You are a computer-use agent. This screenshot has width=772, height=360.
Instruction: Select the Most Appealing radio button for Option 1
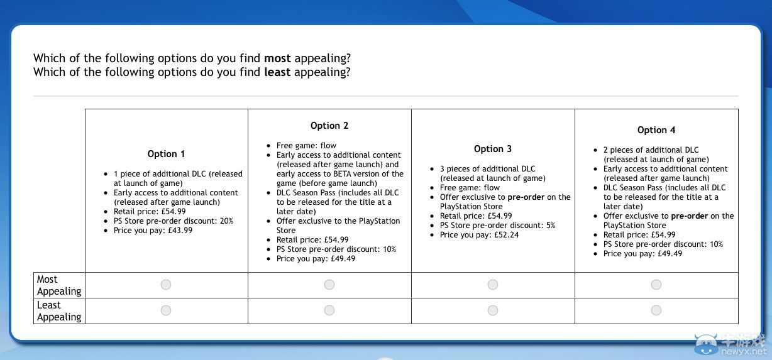[166, 285]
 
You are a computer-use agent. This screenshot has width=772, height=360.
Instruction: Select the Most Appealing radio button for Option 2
[329, 285]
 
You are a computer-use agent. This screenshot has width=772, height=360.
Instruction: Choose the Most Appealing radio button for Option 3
[492, 285]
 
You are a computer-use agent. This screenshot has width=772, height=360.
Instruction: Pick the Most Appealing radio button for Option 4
[656, 285]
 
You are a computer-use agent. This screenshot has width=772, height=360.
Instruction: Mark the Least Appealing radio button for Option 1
[166, 310]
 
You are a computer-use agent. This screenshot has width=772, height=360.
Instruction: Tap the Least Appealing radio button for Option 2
[329, 310]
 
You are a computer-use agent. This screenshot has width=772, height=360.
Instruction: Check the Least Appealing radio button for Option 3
[492, 310]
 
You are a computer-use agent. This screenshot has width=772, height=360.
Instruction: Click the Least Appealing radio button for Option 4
[656, 310]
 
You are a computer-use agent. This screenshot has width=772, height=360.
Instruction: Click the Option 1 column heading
[166, 154]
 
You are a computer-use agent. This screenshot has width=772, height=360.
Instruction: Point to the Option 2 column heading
[329, 126]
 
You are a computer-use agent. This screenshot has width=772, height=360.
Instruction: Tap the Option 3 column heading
[493, 149]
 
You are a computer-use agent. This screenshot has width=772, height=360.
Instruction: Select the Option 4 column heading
[656, 130]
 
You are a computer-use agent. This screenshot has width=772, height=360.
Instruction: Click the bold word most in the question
[277, 58]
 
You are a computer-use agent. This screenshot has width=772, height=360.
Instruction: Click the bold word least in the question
[277, 72]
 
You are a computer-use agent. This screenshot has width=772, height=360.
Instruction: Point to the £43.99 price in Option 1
[180, 231]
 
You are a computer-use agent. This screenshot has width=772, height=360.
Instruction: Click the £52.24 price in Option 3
[506, 235]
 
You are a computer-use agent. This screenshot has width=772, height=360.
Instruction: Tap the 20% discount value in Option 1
[226, 221]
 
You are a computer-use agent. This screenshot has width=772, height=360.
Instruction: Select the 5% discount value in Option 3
[551, 226]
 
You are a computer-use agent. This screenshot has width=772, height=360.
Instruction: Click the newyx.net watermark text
[744, 352]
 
